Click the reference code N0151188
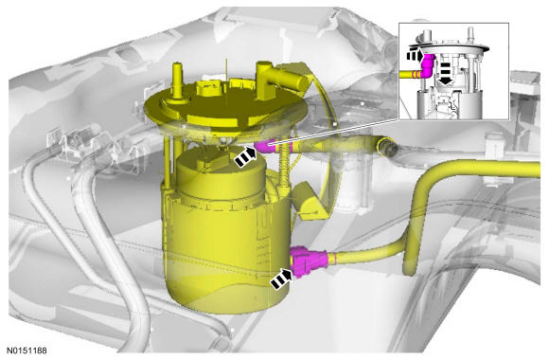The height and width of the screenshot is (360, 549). [27, 351]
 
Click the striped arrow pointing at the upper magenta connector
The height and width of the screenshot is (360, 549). [245, 157]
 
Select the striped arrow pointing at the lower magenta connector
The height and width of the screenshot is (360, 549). [281, 278]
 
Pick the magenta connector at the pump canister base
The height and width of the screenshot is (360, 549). [309, 261]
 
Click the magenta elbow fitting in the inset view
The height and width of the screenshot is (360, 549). [428, 65]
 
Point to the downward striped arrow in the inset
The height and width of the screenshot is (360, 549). [446, 73]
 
